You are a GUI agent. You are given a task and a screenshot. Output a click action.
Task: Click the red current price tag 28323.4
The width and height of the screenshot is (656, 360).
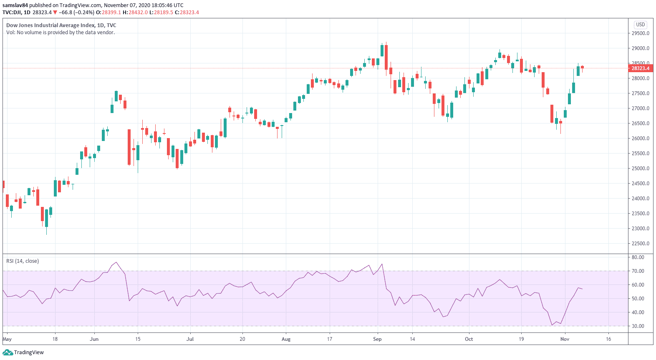tap(640, 68)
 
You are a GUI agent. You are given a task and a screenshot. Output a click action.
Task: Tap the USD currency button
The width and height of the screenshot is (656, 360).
tap(640, 25)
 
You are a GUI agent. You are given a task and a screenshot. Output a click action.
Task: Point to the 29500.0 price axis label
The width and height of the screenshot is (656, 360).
tap(640, 33)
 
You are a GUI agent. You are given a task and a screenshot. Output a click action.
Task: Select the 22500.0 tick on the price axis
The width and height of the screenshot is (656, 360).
tap(640, 244)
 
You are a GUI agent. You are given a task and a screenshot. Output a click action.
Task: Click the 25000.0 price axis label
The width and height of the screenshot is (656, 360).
tap(640, 169)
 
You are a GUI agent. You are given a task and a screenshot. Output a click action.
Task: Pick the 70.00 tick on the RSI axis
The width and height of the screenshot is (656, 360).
tap(638, 271)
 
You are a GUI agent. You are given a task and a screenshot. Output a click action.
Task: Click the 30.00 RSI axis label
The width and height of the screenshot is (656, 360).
tap(638, 326)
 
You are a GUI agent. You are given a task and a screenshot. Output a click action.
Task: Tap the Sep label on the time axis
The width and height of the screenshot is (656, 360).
tap(377, 339)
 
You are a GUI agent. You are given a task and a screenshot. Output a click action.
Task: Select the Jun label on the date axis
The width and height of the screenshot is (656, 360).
tap(94, 339)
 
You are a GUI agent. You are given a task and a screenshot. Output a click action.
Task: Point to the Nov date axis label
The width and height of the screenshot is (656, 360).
tap(565, 339)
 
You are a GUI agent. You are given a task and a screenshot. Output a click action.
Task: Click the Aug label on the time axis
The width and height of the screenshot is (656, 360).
tap(286, 339)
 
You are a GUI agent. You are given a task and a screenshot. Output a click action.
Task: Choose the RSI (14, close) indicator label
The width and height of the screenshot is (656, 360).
tap(23, 261)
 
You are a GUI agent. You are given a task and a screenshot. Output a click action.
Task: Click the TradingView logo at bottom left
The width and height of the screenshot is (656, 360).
tap(23, 352)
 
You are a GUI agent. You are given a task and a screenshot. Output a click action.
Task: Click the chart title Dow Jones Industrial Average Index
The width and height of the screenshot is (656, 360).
tap(50, 25)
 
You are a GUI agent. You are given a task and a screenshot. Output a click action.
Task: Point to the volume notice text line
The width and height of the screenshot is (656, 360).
tap(61, 33)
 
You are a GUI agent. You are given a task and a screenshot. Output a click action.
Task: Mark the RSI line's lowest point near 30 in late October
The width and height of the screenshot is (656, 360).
tap(552, 325)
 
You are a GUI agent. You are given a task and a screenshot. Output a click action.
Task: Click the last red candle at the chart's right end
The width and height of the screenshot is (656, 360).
tap(582, 67)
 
